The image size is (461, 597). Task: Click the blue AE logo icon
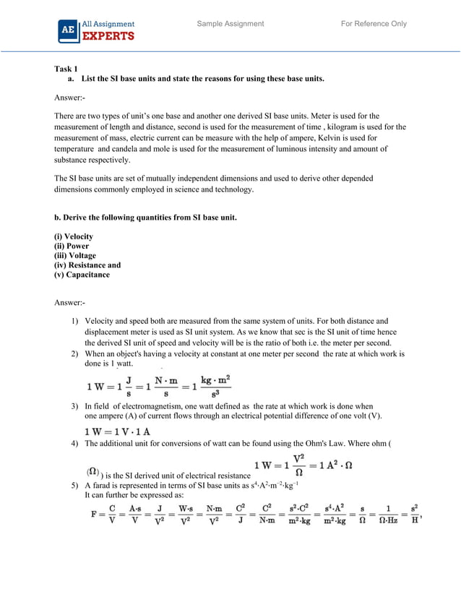click(68, 31)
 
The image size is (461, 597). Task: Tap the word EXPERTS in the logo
click(107, 37)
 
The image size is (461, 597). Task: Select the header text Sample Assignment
click(231, 24)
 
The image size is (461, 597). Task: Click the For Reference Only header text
click(374, 24)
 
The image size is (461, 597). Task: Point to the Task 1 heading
click(66, 69)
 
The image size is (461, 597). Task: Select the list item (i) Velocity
click(74, 237)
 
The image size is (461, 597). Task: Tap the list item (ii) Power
click(72, 246)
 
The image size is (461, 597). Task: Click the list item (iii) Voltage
click(75, 256)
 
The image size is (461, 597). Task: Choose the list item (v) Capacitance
click(82, 275)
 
